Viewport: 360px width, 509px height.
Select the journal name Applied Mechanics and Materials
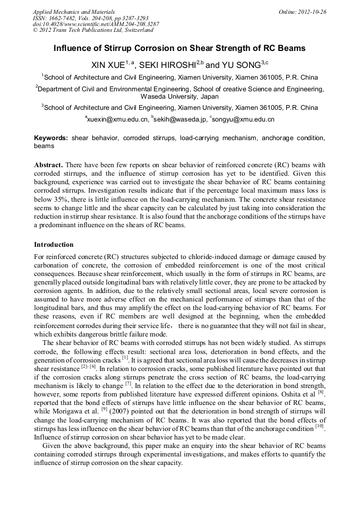click(74, 12)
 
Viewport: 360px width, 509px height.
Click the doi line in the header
click(96, 24)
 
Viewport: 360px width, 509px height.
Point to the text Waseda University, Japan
click(179, 97)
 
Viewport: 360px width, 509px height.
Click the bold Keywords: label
click(51, 138)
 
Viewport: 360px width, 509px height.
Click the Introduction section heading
click(54, 245)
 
